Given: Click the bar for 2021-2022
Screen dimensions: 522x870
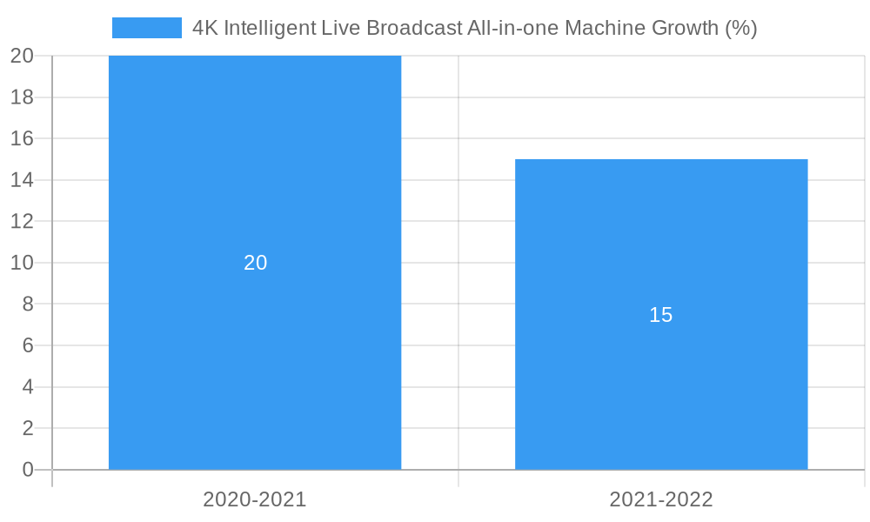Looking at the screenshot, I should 661,391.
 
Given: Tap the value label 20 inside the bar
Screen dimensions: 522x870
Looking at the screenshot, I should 255,263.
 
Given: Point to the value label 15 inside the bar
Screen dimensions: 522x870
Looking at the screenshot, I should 661,315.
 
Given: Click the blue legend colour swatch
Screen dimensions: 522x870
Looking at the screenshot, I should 146,28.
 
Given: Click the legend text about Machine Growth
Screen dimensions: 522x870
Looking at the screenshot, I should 474,28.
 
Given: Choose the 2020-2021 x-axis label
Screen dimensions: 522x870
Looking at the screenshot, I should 255,499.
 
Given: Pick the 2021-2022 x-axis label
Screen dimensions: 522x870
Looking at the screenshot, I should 661,499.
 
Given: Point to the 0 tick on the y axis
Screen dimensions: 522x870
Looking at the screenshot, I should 27,470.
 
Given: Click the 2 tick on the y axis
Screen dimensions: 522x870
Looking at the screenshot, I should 27,428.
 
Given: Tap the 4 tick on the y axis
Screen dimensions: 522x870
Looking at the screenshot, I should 27,387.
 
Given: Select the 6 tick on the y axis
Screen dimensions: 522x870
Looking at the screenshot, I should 27,345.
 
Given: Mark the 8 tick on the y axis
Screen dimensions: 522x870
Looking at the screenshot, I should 27,304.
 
